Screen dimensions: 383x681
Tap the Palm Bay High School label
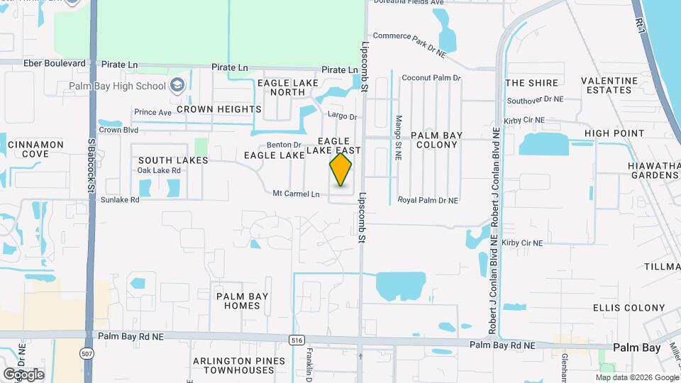coord(117,87)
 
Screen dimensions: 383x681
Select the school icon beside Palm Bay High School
coord(177,86)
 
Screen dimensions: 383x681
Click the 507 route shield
coord(87,353)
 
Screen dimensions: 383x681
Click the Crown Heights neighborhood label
coord(218,109)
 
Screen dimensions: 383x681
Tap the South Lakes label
coord(173,160)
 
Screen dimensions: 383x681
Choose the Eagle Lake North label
coord(282,87)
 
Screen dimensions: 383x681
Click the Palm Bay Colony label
coord(436,140)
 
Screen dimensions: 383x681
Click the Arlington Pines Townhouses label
coord(234,366)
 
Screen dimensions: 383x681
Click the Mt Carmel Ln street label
coord(296,194)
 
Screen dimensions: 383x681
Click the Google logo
coord(23,374)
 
